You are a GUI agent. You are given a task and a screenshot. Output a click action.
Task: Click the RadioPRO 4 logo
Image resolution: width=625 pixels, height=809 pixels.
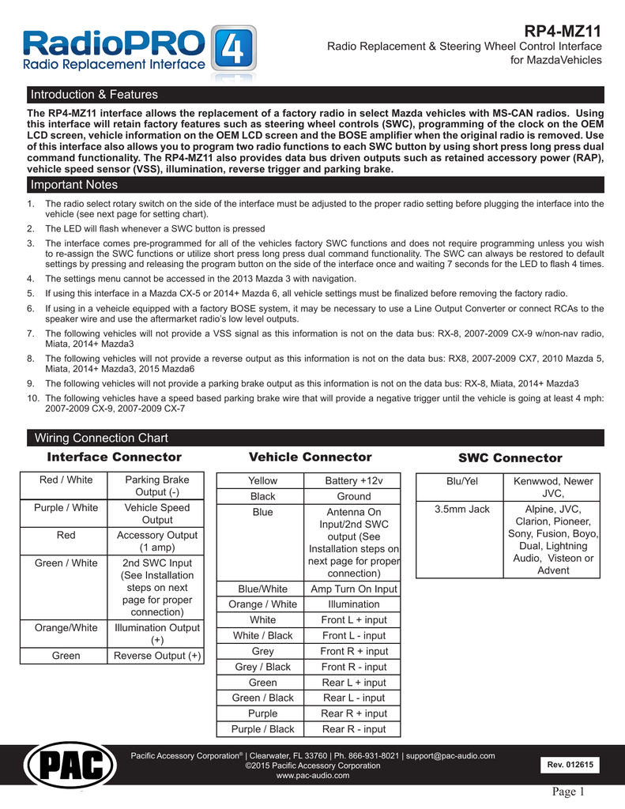(x=139, y=49)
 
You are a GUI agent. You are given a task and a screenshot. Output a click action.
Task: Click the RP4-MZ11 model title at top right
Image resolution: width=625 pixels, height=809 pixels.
(x=563, y=31)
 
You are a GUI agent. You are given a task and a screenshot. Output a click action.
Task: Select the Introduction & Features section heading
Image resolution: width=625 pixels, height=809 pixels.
(x=94, y=95)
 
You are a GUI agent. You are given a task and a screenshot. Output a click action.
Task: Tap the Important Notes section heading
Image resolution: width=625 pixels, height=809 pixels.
(x=73, y=185)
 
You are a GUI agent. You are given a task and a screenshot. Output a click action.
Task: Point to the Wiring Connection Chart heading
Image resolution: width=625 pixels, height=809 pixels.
(x=99, y=438)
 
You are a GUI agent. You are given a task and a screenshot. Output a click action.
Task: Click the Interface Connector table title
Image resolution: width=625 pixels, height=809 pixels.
(x=115, y=457)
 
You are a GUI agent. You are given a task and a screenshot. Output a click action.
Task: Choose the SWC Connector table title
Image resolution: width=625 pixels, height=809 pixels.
(x=510, y=458)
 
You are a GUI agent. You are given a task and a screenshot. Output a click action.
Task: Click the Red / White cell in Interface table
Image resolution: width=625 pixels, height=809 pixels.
(x=66, y=480)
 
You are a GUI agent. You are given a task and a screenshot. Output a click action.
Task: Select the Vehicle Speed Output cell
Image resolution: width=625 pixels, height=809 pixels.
(x=157, y=514)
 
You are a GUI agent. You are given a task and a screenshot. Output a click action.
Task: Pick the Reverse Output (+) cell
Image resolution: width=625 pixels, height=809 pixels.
(x=157, y=656)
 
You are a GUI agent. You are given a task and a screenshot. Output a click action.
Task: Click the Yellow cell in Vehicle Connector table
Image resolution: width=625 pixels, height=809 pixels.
(x=262, y=480)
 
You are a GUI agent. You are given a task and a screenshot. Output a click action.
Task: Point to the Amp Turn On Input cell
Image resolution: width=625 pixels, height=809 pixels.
(x=354, y=589)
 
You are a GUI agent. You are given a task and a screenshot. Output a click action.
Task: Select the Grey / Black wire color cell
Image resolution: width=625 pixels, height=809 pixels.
(x=262, y=667)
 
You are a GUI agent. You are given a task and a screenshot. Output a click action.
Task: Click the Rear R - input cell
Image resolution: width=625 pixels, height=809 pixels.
(x=354, y=729)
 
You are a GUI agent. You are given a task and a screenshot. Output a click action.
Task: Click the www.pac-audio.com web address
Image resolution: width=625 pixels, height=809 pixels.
(x=313, y=776)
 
